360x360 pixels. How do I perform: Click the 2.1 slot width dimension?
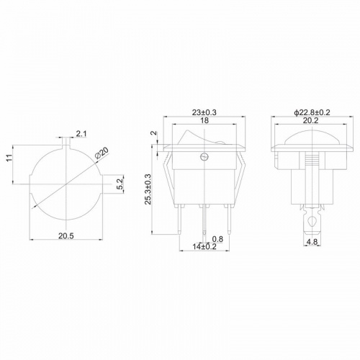81,134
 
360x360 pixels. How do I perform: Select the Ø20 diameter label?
102,153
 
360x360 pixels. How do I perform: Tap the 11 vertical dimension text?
9,158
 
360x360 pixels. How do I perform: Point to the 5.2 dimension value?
121,184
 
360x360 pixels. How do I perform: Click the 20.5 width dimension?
66,235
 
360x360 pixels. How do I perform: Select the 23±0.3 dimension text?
204,112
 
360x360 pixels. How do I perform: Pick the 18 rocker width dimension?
204,120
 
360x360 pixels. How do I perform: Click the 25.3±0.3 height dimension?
148,189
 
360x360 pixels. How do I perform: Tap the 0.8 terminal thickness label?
217,239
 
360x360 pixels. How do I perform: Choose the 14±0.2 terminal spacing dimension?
204,246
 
